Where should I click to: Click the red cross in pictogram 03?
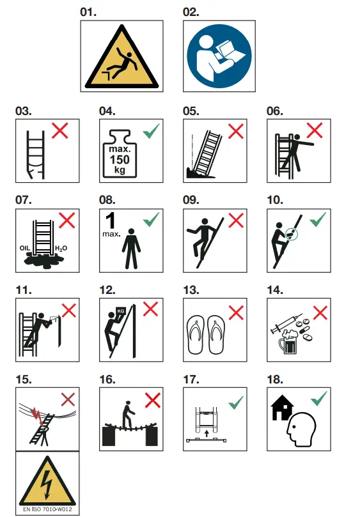[60, 132]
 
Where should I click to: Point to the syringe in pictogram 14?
[283, 328]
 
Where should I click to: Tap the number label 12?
[107, 290]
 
